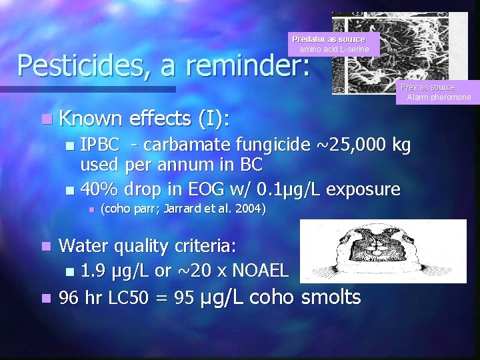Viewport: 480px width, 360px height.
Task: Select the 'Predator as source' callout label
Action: click(329, 39)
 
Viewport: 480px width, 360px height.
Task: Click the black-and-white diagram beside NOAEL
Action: click(383, 251)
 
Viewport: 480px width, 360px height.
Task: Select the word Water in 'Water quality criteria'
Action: click(83, 246)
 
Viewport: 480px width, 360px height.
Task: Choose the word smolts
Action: click(331, 297)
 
